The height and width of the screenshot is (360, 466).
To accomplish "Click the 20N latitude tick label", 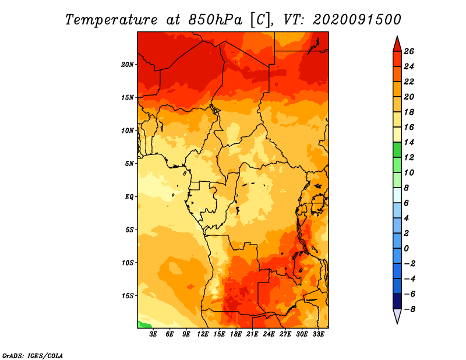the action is point(128,65).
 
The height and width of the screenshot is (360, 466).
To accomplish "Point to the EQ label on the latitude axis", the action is point(129,197).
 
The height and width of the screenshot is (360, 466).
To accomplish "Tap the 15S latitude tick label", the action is point(128,296).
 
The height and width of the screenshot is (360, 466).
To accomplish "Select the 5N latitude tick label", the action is point(129,164).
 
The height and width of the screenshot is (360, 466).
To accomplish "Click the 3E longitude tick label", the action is point(153,334).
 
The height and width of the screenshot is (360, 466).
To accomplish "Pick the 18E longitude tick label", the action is point(236,334).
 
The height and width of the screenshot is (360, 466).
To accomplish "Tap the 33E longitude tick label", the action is point(318,334).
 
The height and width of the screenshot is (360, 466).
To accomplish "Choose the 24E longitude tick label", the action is point(269,334).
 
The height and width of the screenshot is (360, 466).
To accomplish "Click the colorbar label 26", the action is point(409,51).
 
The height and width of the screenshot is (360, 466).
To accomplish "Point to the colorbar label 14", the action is point(409,142).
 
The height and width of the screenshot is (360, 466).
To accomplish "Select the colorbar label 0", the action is point(406,248).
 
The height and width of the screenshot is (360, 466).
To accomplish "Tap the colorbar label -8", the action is point(409,309).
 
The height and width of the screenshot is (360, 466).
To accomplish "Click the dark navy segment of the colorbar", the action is point(397,301).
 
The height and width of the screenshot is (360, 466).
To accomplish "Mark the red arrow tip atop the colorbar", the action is point(397,36).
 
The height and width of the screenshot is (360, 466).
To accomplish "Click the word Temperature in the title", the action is point(111,20).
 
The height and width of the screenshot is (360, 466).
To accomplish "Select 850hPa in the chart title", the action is point(215,20).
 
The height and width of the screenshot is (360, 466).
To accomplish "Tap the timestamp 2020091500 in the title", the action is point(357,20).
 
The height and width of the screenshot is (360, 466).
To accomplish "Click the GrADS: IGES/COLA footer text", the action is point(33,355).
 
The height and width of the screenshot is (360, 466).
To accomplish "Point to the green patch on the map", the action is point(143,324).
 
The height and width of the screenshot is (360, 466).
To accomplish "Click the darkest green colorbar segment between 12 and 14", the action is point(397,150).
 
